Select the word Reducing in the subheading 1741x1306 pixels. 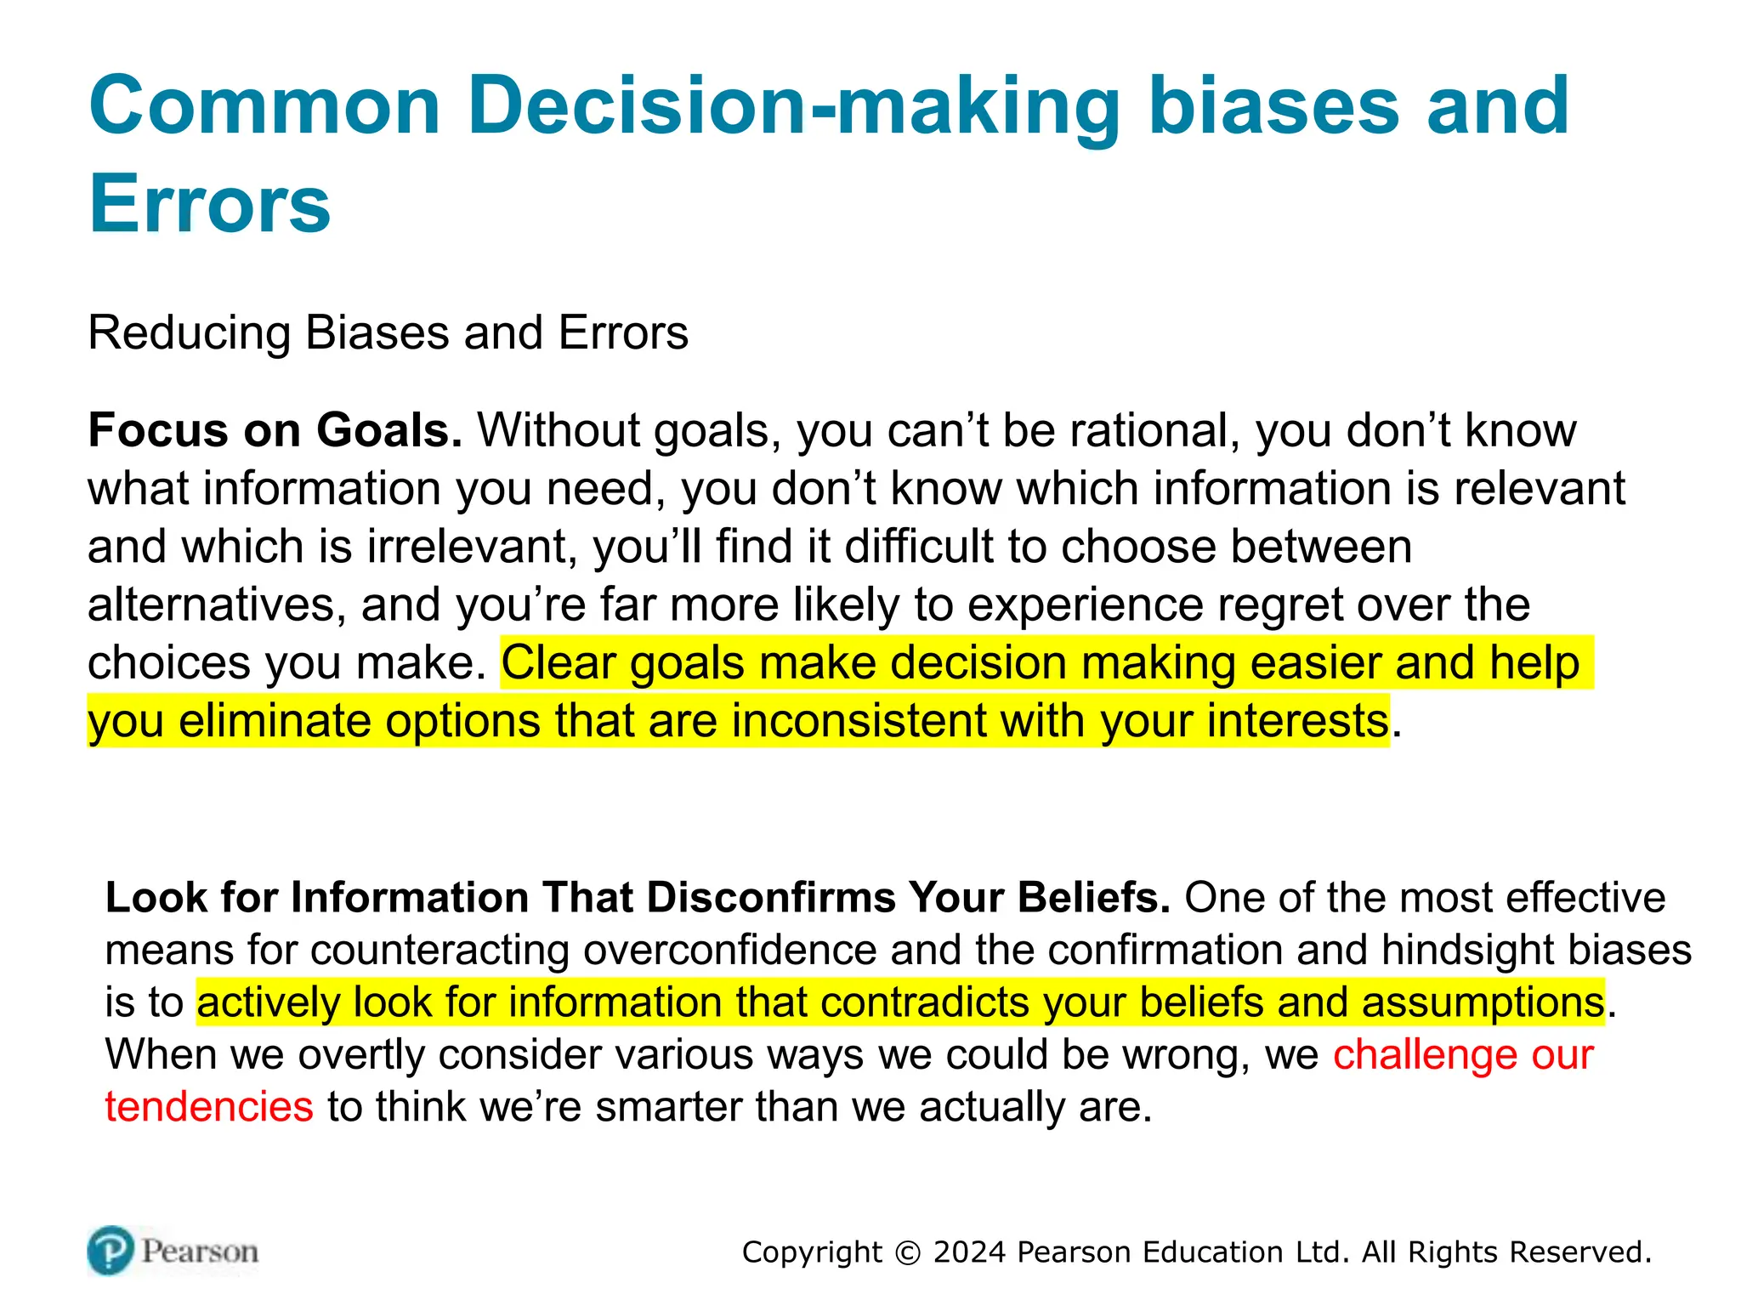189,332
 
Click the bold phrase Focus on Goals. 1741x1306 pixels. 275,430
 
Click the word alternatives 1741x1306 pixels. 217,605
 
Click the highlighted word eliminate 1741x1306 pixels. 275,721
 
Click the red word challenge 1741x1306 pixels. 1425,1055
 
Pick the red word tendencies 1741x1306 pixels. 209,1107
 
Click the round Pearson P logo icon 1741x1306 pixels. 111,1251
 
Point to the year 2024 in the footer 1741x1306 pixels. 969,1252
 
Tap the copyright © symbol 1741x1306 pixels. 908,1253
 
